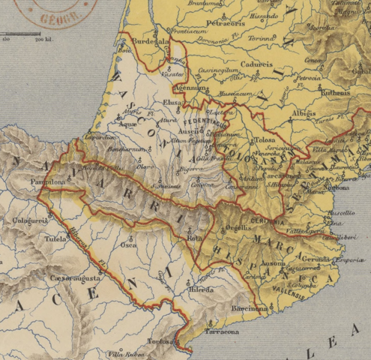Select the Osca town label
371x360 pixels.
(x=130, y=244)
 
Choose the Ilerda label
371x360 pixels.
(x=201, y=289)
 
